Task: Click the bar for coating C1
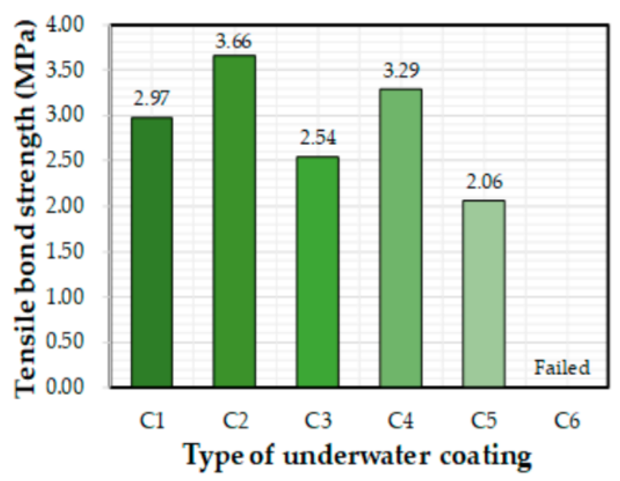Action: pos(151,252)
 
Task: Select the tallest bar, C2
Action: pos(234,221)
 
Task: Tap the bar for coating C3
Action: pos(317,272)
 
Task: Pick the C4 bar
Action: pos(401,238)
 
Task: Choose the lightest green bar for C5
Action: pos(484,294)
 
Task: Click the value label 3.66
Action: pos(234,42)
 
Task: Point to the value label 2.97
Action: pos(151,99)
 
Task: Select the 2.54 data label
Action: pos(318,137)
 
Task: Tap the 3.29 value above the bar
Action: pos(401,71)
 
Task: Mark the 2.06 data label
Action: pos(484,182)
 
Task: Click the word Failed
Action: pos(562,368)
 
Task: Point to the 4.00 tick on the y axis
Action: pos(65,25)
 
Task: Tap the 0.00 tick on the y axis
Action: pos(65,387)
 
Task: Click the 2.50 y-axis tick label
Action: pos(65,160)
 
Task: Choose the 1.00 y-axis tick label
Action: pos(65,296)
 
